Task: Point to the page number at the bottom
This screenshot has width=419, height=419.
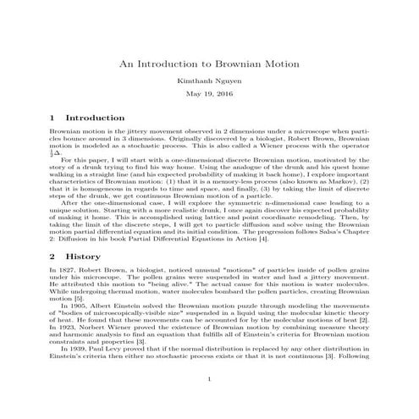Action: pos(209,402)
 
